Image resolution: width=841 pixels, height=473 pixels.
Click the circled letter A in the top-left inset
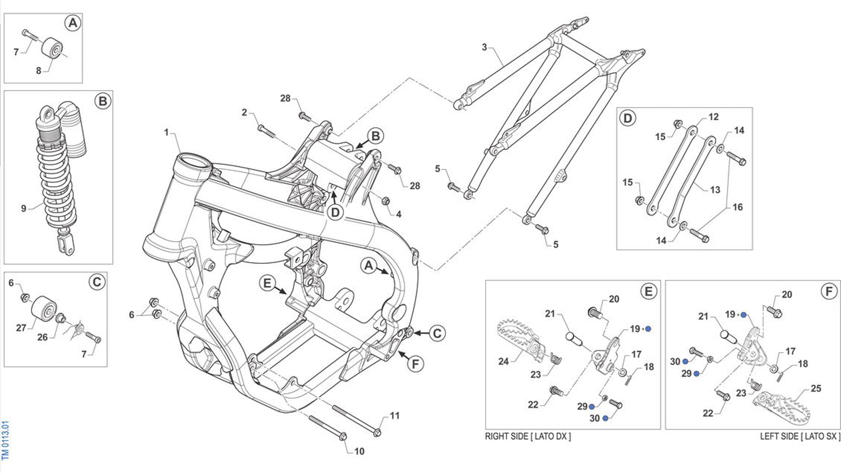72,23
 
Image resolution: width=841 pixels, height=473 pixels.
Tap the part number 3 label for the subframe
485,47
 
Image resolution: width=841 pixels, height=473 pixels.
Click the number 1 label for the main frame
167,133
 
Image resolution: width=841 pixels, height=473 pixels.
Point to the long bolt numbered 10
327,427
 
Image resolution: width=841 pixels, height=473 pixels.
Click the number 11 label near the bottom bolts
394,415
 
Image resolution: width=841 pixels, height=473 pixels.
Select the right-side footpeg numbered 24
518,339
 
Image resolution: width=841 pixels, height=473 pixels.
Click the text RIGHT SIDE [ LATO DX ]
528,436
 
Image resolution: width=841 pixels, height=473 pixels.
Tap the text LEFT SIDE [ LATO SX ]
800,436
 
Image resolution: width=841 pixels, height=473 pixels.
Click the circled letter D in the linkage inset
628,118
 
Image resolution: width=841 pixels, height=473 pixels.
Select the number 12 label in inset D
713,117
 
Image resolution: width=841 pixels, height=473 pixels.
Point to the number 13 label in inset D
715,190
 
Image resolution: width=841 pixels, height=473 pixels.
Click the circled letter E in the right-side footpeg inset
648,292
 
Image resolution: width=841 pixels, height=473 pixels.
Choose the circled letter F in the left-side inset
829,292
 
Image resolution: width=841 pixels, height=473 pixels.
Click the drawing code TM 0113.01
5,440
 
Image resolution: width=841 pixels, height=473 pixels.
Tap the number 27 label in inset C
21,327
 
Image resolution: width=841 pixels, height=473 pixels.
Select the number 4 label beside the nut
399,214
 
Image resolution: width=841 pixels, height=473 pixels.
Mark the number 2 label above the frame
244,112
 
